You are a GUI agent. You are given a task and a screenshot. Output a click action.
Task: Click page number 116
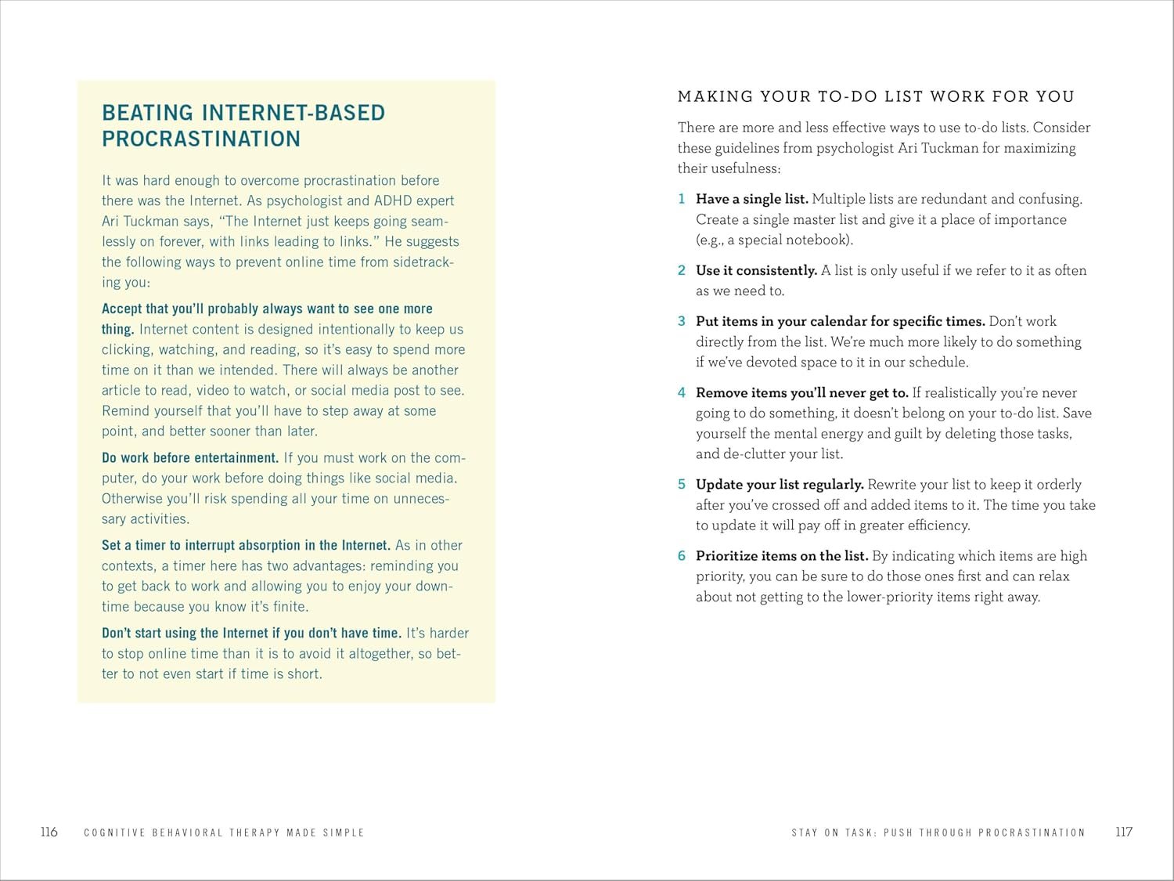[49, 832]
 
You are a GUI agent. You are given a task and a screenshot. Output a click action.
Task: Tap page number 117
[1124, 832]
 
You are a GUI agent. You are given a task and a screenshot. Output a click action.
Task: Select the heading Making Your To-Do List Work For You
[876, 96]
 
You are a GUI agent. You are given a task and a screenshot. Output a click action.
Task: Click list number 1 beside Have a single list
[682, 199]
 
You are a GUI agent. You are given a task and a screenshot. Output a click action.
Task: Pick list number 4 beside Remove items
[682, 392]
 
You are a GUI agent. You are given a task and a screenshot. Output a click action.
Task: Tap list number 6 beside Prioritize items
[682, 555]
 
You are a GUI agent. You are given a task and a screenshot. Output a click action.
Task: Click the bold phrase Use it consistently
[756, 270]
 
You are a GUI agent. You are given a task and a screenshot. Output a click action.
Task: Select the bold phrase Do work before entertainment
[190, 457]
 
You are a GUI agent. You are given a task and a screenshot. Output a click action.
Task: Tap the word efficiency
[937, 525]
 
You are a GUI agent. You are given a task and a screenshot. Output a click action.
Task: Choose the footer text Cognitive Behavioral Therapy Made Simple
[224, 832]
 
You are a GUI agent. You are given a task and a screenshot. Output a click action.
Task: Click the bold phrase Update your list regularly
[780, 484]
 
